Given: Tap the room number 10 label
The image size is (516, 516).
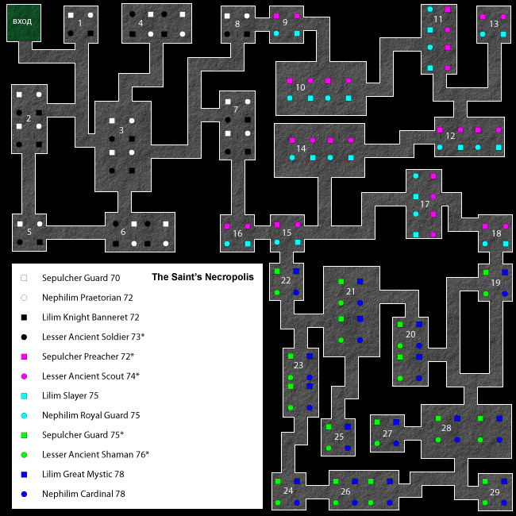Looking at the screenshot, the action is coord(300,87).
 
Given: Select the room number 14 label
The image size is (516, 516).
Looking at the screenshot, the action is coord(301,148).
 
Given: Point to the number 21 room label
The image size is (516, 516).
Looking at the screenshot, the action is coord(350,291).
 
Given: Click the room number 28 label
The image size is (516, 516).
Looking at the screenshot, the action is coord(446,428).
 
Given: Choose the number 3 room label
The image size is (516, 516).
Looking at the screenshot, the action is coord(121,130).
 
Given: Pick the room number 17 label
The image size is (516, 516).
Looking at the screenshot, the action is coord(425,204).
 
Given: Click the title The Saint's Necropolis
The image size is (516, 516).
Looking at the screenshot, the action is coord(202,277).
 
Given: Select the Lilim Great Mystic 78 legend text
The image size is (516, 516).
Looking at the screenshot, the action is coord(83,474).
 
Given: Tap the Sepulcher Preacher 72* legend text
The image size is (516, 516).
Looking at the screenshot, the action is coord(88,356).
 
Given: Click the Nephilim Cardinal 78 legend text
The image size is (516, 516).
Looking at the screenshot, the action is coord(83,494).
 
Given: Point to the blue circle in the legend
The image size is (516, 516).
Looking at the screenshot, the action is coord(24,495).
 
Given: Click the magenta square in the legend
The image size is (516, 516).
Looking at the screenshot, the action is coord(24,356).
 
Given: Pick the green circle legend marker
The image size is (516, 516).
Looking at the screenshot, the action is coord(24,455).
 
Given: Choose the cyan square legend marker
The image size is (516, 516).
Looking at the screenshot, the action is coord(24,396).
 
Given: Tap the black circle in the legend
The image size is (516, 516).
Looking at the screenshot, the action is coord(24,337).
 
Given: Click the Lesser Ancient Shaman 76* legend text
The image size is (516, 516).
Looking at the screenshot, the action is coord(95,454).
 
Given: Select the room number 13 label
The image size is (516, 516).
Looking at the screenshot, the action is coord(494,24).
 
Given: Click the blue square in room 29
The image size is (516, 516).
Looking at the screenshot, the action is coord(504,481).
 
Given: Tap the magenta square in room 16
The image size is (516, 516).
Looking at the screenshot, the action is coord(227,226).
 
